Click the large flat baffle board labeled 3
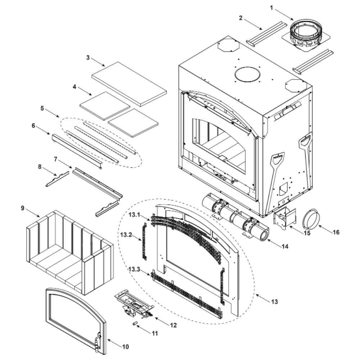(x=129, y=84)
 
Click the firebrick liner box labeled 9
(x=68, y=252)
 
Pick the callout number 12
(x=173, y=325)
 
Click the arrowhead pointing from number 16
(x=319, y=228)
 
